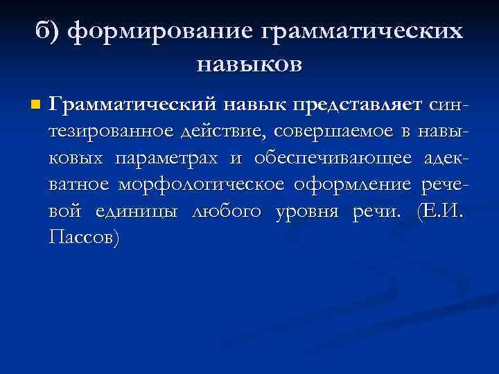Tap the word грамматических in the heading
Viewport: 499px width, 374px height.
pos(360,32)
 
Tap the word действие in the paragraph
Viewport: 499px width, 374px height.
pos(229,132)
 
